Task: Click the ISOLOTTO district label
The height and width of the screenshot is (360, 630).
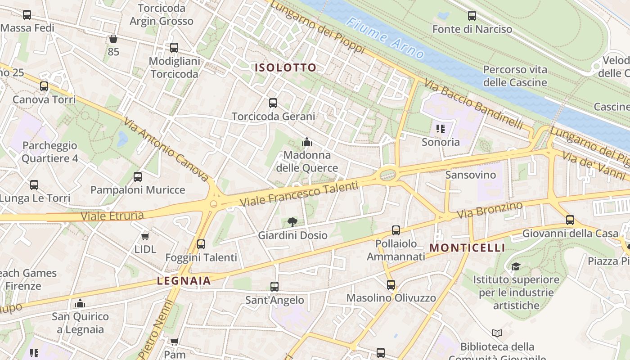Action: click(286, 68)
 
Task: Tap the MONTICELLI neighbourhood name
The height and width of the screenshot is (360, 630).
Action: click(467, 248)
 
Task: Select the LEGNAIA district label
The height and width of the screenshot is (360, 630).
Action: click(184, 281)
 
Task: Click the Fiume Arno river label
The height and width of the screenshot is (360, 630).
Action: click(386, 38)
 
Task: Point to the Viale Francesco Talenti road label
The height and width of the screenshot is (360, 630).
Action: click(299, 194)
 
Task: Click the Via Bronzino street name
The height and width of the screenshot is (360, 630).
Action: click(490, 210)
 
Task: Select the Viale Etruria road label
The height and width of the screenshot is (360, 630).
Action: click(112, 216)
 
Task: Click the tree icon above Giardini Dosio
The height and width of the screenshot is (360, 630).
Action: click(292, 222)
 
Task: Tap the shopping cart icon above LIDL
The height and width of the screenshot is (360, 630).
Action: click(145, 236)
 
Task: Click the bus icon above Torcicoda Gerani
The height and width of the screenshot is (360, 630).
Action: click(273, 103)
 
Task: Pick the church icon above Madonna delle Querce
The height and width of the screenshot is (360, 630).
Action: click(307, 142)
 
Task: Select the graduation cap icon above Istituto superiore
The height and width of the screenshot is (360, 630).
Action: click(515, 266)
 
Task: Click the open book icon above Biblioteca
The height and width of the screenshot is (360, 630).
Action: click(497, 333)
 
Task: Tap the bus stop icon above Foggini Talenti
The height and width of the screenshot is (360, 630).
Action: click(201, 244)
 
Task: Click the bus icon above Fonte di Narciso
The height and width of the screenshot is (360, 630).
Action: click(472, 16)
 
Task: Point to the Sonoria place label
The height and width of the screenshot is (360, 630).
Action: click(441, 142)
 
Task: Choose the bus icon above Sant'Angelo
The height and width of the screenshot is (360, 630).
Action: click(274, 287)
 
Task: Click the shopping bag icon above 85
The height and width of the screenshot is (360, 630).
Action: click(113, 39)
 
